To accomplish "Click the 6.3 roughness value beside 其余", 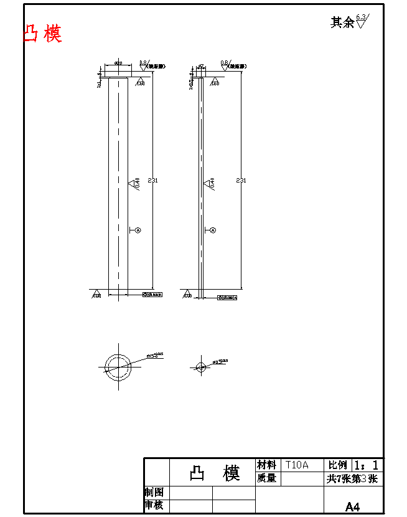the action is click(x=361, y=17).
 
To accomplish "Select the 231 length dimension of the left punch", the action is click(x=152, y=181).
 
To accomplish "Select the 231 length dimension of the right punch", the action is click(x=241, y=181).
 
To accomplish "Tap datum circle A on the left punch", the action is click(x=138, y=230).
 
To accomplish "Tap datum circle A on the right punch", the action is click(x=213, y=230).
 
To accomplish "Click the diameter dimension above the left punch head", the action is click(x=118, y=64).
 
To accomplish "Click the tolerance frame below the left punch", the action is click(x=152, y=294).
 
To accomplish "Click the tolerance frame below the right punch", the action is click(x=227, y=298).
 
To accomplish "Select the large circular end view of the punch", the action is click(x=118, y=366).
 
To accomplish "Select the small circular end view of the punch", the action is click(x=200, y=367).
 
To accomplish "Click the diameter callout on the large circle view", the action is click(x=154, y=355).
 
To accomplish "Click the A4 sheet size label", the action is click(x=352, y=506).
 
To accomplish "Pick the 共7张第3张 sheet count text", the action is click(x=352, y=479).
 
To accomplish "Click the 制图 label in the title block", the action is click(x=154, y=492).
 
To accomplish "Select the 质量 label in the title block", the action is click(x=266, y=478).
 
